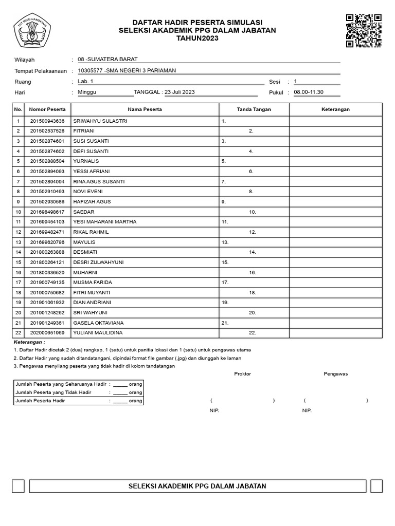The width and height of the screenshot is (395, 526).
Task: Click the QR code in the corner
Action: (364, 31)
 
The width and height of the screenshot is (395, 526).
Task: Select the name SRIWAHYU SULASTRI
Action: (100, 121)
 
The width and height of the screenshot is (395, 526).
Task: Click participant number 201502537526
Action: (47, 131)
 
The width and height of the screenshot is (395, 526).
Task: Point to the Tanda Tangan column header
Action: (254, 109)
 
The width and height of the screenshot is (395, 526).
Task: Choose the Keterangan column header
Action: (335, 109)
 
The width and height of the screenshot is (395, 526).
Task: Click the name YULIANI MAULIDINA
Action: (98, 333)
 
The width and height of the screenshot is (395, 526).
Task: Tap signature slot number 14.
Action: (253, 252)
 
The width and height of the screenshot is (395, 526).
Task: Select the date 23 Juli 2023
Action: (179, 92)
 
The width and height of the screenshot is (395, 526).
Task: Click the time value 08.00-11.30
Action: (309, 92)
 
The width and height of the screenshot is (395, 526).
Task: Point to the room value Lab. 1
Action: (85, 81)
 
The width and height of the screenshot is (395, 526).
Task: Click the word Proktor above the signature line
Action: (242, 373)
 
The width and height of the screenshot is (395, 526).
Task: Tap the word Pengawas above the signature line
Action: (335, 373)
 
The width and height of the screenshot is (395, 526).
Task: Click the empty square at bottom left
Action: (18, 486)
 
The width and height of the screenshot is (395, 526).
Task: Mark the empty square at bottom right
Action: (376, 486)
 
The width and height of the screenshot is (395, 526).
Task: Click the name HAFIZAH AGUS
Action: (92, 202)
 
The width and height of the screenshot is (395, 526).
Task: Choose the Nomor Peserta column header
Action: (47, 109)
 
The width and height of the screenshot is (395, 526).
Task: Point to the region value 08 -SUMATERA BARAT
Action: (107, 60)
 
